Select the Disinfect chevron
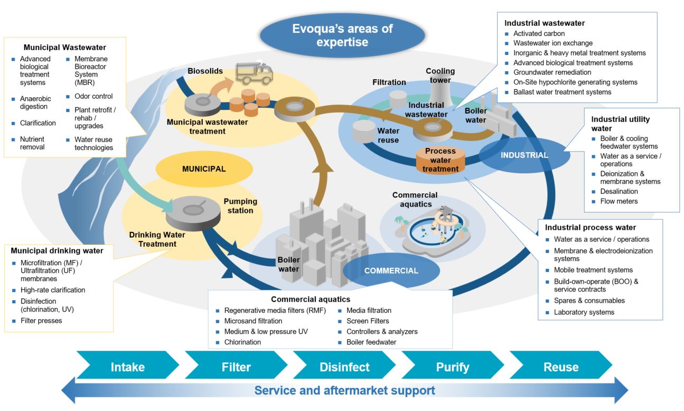[x=344, y=367]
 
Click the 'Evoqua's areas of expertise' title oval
[x=342, y=35]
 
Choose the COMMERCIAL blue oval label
[x=391, y=270]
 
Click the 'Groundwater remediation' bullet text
[x=552, y=72]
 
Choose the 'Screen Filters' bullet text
[x=368, y=321]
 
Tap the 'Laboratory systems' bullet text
[x=584, y=312]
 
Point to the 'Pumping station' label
[x=240, y=206]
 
